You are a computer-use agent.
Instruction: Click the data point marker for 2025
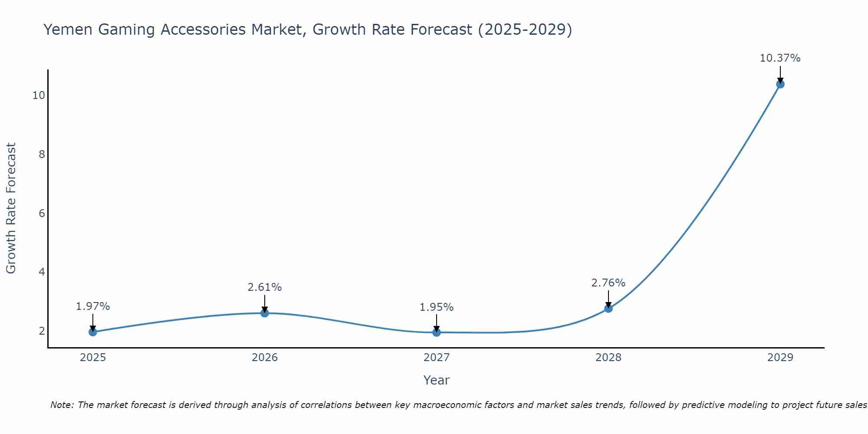click(93, 332)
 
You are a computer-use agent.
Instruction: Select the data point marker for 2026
click(265, 313)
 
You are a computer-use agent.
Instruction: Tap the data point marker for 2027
click(437, 332)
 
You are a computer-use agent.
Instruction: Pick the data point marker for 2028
click(608, 309)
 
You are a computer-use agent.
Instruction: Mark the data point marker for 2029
click(780, 84)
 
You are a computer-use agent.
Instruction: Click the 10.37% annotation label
click(780, 58)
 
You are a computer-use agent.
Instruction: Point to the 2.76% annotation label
click(608, 283)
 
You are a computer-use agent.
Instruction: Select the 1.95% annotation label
click(437, 307)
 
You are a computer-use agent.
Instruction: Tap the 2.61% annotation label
click(265, 287)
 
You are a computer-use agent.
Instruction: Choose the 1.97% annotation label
click(93, 306)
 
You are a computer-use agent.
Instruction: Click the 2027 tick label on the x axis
click(437, 358)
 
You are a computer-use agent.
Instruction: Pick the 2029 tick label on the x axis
click(780, 358)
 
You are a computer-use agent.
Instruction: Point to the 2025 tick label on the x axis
click(93, 358)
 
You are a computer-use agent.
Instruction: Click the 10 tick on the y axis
click(39, 95)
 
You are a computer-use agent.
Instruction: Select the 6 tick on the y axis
click(42, 213)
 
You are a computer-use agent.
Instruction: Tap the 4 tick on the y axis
click(42, 272)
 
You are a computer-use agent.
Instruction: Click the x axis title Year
click(437, 380)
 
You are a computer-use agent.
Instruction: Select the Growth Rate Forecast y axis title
click(11, 208)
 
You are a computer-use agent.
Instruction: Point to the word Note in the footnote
click(62, 405)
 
